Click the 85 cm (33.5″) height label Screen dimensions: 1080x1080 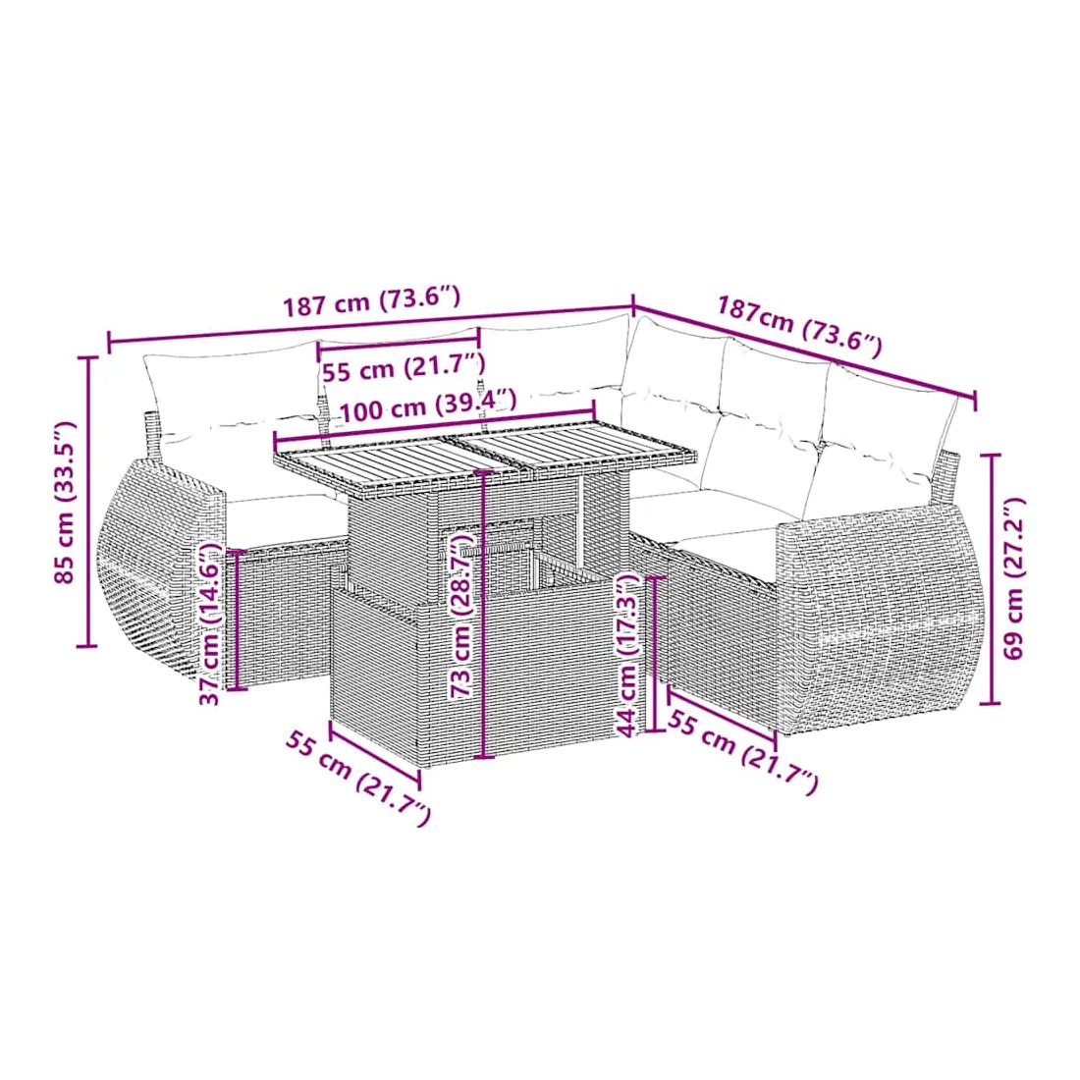coord(66,502)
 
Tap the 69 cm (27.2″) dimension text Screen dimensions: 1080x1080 coord(1014,578)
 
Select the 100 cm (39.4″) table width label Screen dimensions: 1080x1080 coord(427,406)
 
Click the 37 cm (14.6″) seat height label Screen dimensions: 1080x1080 coord(210,624)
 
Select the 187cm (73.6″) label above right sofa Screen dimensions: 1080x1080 coord(799,326)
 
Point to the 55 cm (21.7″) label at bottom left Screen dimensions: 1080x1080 coord(358,779)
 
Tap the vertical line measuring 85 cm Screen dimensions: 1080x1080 coord(87,502)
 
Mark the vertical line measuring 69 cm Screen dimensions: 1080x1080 coord(991,578)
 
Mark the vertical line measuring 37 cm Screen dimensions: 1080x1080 coord(237,620)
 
